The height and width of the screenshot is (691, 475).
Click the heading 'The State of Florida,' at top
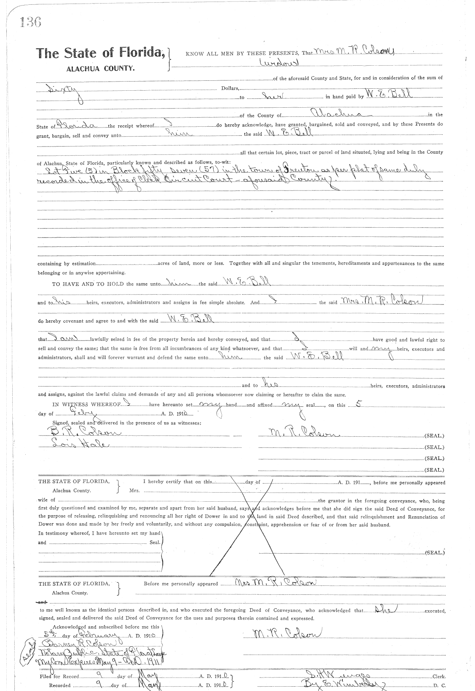click(101, 53)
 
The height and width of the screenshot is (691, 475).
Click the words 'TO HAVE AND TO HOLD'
click(87, 284)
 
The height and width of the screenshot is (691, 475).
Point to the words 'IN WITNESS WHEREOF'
click(86, 405)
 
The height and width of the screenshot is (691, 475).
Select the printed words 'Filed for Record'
click(59, 676)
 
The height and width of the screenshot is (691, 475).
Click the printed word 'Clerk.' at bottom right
click(438, 677)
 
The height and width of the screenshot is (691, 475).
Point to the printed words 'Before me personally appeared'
click(180, 584)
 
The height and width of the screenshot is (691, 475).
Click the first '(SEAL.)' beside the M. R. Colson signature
click(434, 436)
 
